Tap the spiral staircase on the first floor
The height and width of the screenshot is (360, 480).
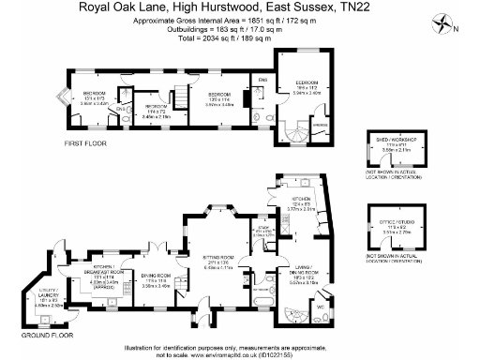pos(292,134)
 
